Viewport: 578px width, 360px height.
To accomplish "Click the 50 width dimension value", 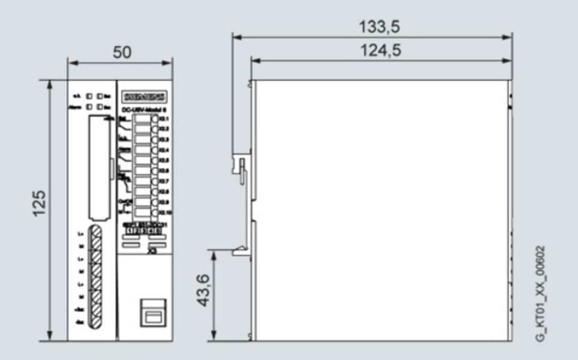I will pyautogui.click(x=122, y=52).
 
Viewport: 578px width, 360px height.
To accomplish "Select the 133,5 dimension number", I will pyautogui.click(x=380, y=27).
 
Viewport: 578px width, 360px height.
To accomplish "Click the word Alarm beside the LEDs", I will pyautogui.click(x=75, y=107).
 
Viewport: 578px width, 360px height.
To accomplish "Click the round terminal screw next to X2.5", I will pyautogui.click(x=155, y=160).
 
